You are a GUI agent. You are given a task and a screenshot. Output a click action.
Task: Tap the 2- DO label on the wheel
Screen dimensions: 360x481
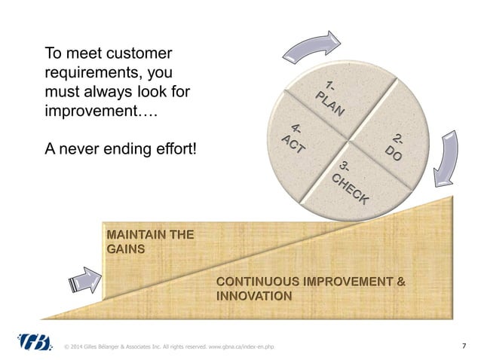pos(394,146)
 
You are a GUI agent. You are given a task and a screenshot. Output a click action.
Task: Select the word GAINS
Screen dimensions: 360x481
pos(124,249)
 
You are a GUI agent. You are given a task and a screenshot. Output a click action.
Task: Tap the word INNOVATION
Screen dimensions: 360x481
pos(254,297)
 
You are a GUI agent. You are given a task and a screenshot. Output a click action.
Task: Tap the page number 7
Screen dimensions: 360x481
pos(463,346)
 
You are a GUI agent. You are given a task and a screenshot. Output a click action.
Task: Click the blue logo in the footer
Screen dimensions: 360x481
pos(34,343)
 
